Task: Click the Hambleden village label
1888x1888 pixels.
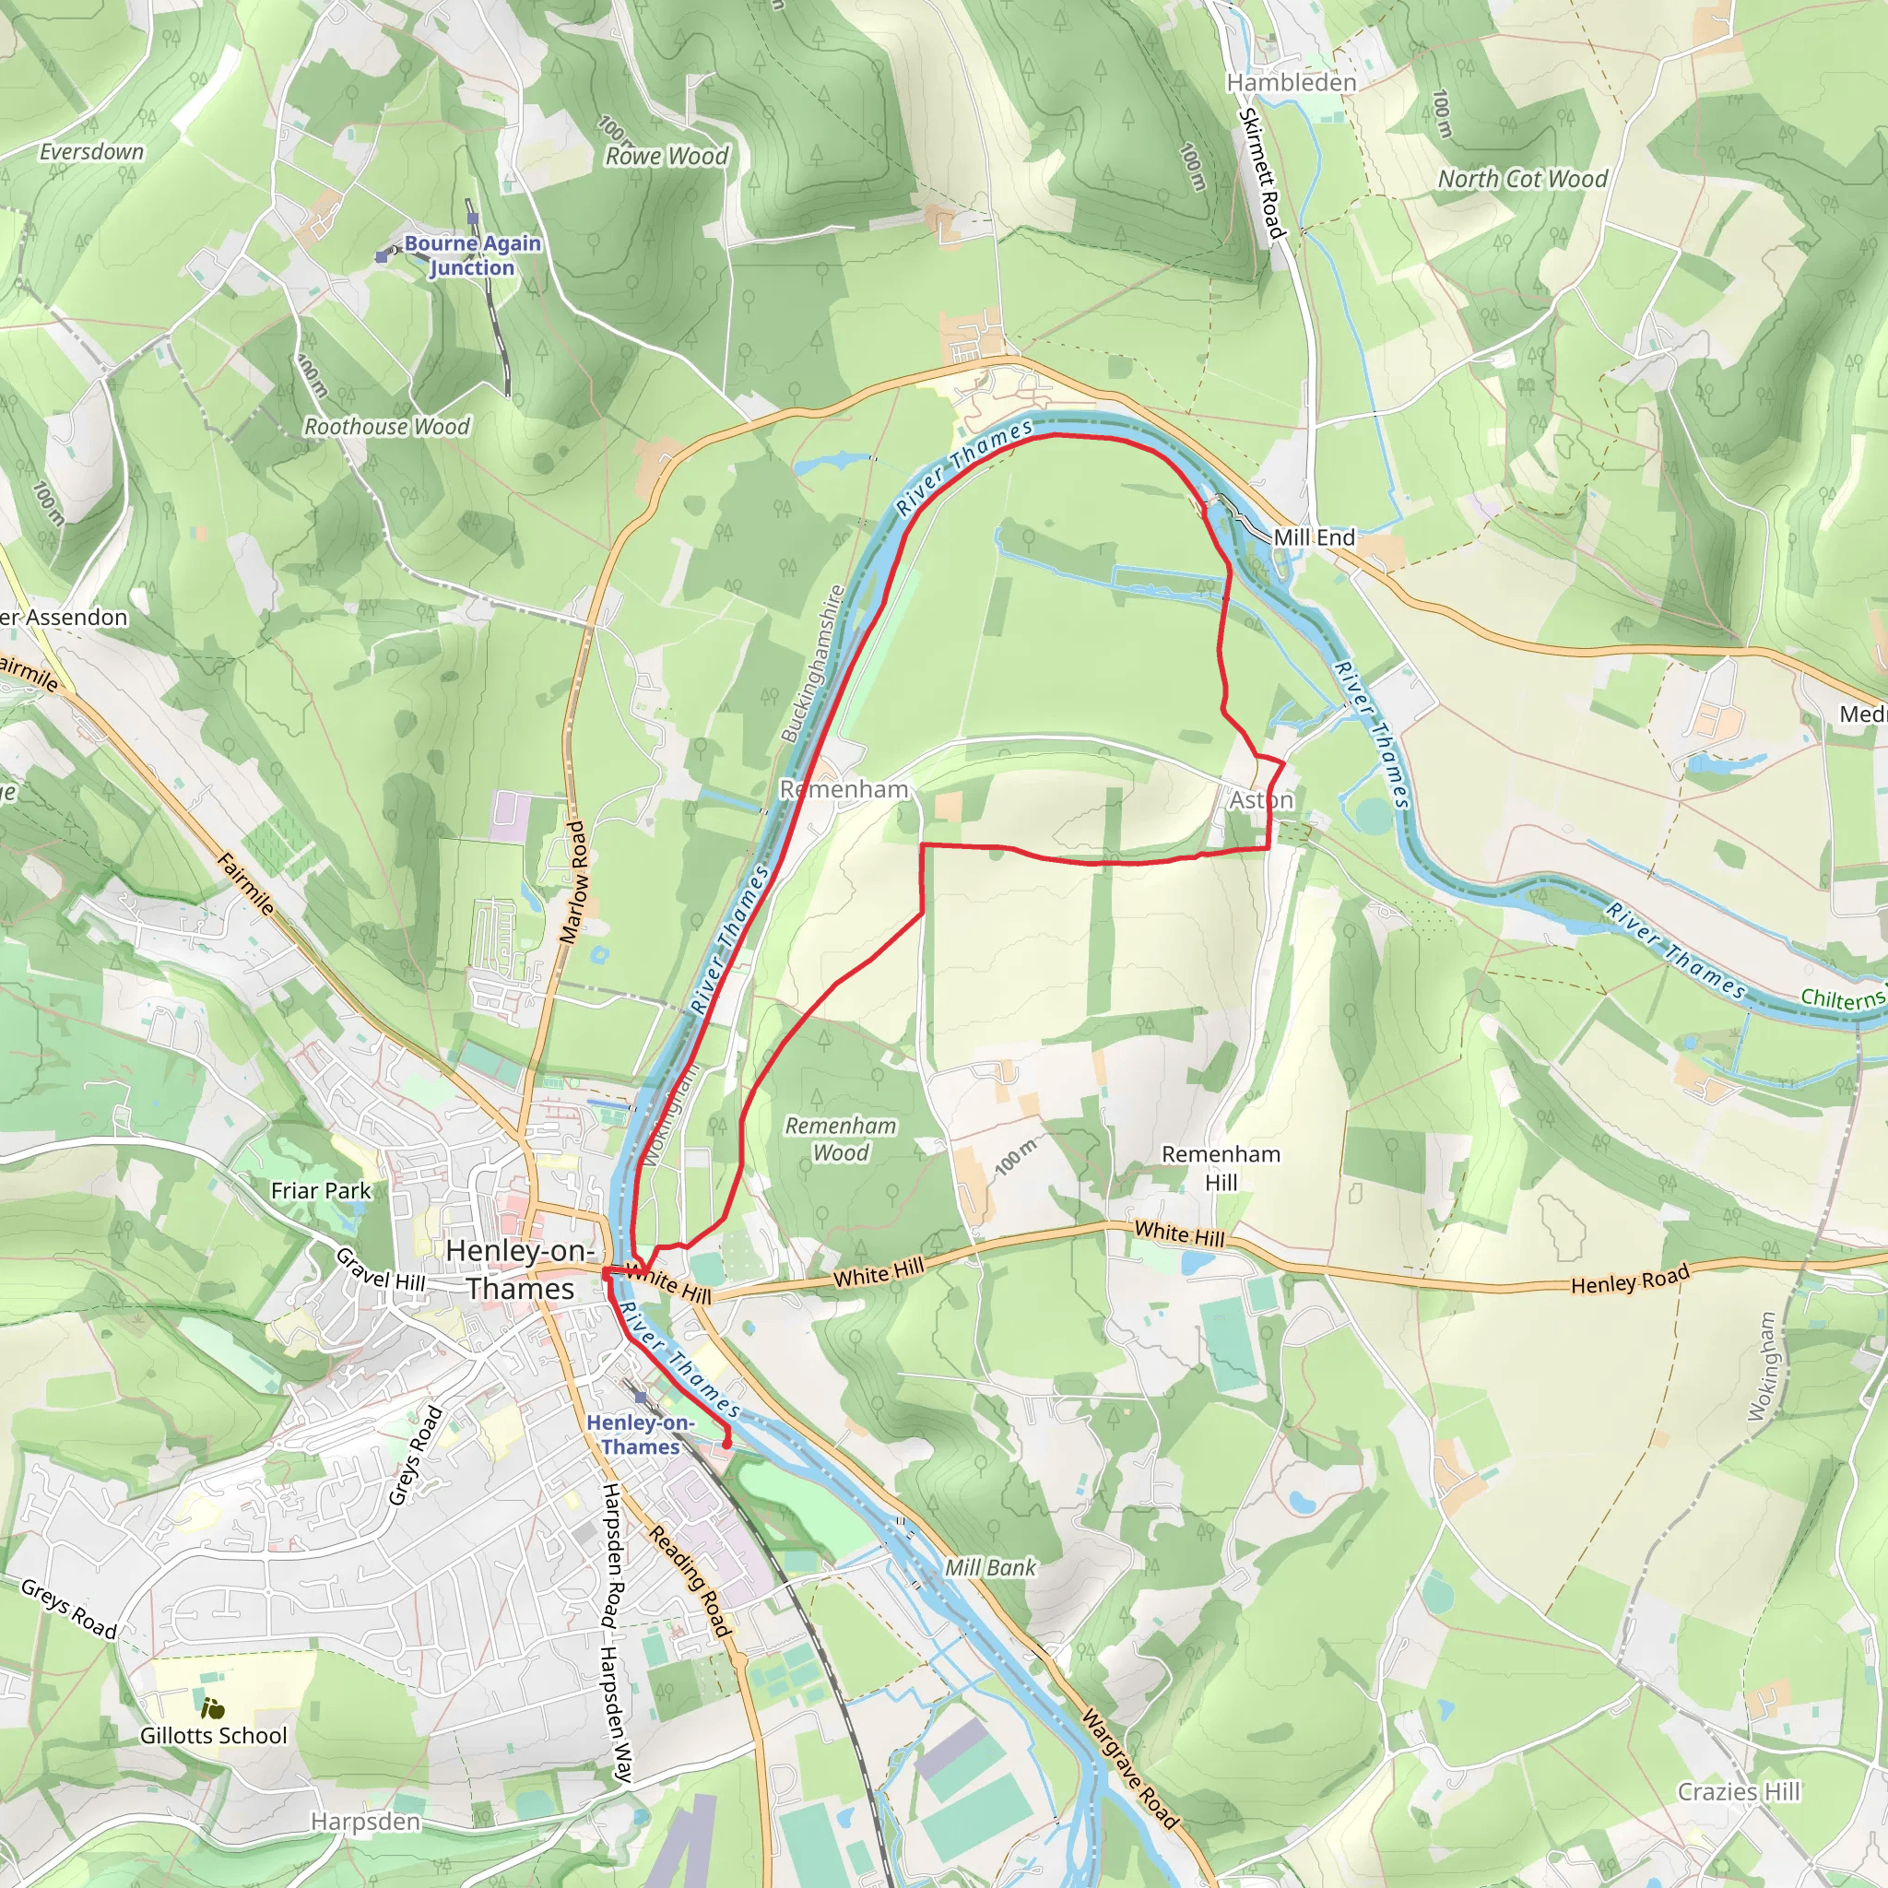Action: tap(1291, 83)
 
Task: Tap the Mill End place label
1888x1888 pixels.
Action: tap(1314, 537)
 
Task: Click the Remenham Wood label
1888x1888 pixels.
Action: tap(841, 1139)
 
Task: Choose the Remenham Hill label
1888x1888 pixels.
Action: tap(1221, 1168)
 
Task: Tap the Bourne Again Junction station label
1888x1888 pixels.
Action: tap(472, 255)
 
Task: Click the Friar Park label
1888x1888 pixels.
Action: tap(321, 1190)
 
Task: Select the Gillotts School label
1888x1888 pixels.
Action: tap(213, 1736)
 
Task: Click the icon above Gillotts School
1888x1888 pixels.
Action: tap(213, 1709)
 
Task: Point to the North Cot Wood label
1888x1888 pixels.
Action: tap(1521, 179)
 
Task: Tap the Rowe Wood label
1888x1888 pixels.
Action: tap(667, 157)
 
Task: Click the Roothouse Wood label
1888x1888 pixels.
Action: tap(387, 427)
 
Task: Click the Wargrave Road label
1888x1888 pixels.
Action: tap(1129, 1770)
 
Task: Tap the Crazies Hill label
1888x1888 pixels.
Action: tap(1739, 1791)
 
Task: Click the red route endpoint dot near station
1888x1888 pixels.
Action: tap(726, 1444)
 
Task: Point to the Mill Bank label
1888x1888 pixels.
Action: tap(990, 1567)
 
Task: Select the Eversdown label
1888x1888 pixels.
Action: tap(92, 151)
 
